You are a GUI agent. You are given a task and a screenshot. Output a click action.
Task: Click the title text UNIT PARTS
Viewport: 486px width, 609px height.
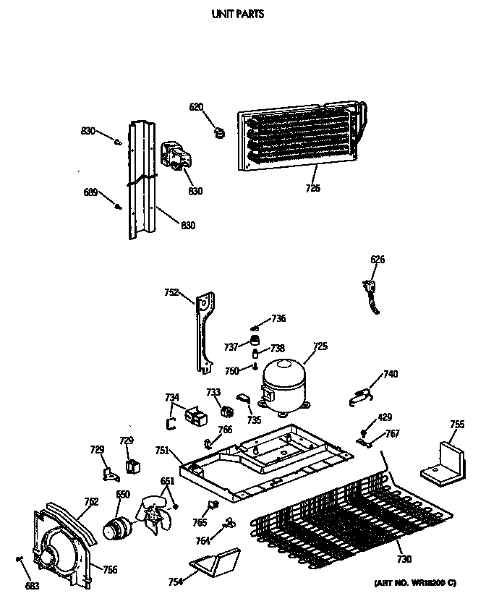(236, 14)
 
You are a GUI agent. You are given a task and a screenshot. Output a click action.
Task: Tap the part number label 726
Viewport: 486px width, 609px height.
(312, 189)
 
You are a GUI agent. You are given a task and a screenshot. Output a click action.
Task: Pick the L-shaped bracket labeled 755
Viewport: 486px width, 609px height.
(443, 463)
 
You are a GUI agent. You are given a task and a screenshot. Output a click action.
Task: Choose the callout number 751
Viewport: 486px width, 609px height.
(163, 450)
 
